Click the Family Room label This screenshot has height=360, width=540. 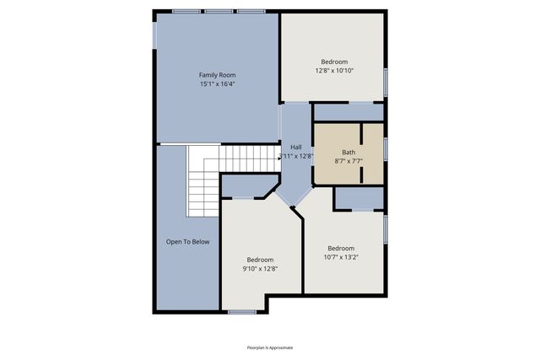click(x=217, y=75)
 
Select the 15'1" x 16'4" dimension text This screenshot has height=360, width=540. click(x=217, y=84)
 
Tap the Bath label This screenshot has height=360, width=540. click(x=348, y=153)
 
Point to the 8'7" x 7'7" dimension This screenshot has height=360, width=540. click(x=348, y=161)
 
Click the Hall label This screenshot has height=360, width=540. click(x=296, y=148)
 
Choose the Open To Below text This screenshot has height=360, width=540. click(x=187, y=242)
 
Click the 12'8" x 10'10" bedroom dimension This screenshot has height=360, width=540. click(x=334, y=71)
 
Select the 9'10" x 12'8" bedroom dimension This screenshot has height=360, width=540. click(x=261, y=269)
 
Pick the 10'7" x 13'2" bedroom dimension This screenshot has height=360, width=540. click(x=341, y=257)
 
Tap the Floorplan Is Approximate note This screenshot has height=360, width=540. click(x=269, y=347)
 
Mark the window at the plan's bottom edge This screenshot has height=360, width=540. click(x=242, y=313)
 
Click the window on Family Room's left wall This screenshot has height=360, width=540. click(x=155, y=36)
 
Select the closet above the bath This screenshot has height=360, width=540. click(x=348, y=112)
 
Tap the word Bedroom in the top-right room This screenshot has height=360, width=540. click(x=334, y=62)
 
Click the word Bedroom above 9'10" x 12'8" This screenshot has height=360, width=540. click(x=261, y=260)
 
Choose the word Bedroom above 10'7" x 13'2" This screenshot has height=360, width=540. click(x=341, y=248)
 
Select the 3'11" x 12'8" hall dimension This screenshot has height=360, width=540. click(x=296, y=156)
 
